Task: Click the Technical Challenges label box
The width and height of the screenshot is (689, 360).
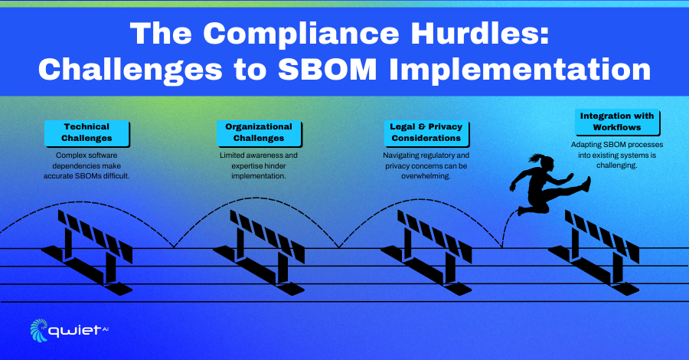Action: pyautogui.click(x=87, y=133)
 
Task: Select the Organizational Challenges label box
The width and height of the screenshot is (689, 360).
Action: pyautogui.click(x=259, y=133)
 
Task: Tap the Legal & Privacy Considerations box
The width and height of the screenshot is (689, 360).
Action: pyautogui.click(x=426, y=133)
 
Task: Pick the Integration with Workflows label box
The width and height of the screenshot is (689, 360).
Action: pyautogui.click(x=617, y=122)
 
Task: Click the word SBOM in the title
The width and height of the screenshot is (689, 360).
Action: pyautogui.click(x=327, y=70)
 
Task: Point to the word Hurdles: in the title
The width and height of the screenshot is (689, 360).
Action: pyautogui.click(x=480, y=33)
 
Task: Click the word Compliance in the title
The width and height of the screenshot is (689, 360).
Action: pyautogui.click(x=301, y=34)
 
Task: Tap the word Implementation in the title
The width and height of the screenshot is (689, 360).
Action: pyautogui.click(x=520, y=70)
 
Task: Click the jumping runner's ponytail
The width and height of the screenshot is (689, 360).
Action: pyautogui.click(x=536, y=158)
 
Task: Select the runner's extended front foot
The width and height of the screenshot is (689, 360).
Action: pyautogui.click(x=586, y=184)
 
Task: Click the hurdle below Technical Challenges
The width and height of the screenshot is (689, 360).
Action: pyautogui.click(x=87, y=252)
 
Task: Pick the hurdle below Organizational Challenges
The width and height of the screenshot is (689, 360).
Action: pyautogui.click(x=259, y=252)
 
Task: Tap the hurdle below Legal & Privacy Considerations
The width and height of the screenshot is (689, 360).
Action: pyautogui.click(x=426, y=252)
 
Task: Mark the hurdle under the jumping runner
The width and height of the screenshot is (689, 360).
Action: pyautogui.click(x=593, y=252)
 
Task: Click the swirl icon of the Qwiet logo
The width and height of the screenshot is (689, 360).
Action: pyautogui.click(x=39, y=330)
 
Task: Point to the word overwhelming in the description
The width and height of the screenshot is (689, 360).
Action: pyautogui.click(x=426, y=176)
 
